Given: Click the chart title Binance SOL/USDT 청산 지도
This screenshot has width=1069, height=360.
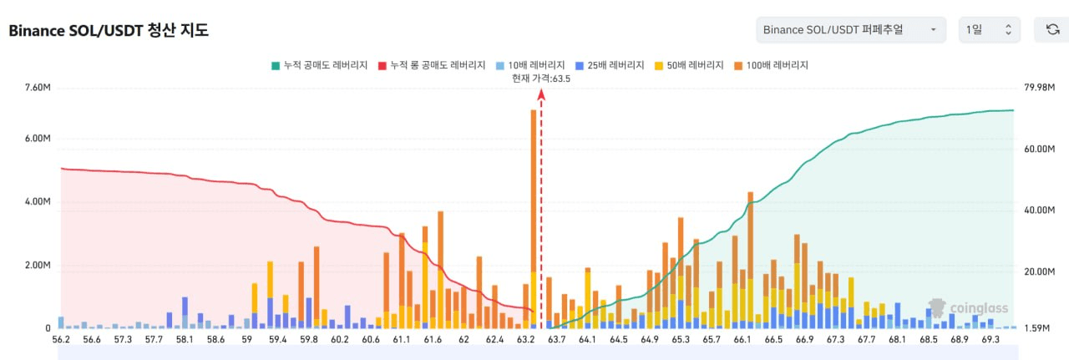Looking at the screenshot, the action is tap(109, 30).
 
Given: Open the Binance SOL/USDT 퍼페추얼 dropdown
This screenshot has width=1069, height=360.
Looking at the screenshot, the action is tap(851, 29).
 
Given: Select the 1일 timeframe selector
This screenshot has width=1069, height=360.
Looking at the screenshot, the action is tap(990, 29).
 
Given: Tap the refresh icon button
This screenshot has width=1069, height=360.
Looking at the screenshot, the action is tap(1052, 29).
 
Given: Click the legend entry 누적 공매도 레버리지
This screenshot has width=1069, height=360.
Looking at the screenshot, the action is tap(319, 65).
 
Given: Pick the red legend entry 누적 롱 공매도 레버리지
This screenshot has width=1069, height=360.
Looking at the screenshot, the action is tap(432, 65).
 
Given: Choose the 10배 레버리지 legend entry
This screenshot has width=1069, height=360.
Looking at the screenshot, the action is tap(530, 65).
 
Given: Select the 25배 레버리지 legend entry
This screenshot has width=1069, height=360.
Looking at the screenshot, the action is tap(610, 65).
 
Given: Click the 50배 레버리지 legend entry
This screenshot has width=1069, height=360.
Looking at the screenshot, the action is tap(689, 65).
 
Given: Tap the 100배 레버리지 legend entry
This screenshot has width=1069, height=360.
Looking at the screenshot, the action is tap(771, 65).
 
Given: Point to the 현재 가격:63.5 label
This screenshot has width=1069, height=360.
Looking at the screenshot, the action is tap(541, 79).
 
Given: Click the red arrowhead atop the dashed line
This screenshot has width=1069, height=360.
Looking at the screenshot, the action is tap(541, 94).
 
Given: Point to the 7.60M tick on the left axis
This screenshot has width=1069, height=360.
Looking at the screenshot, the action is tap(38, 88).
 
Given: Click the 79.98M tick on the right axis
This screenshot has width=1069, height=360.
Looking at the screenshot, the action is tap(1040, 88).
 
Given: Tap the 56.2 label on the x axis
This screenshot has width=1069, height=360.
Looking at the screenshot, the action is tap(61, 339).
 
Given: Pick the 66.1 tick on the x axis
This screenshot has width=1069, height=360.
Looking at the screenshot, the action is tap(742, 339).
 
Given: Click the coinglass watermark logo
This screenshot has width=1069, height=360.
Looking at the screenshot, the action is tap(968, 308).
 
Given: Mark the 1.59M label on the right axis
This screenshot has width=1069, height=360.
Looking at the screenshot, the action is tap(1036, 328).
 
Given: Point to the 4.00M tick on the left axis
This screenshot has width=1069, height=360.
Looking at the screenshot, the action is tap(38, 201).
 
